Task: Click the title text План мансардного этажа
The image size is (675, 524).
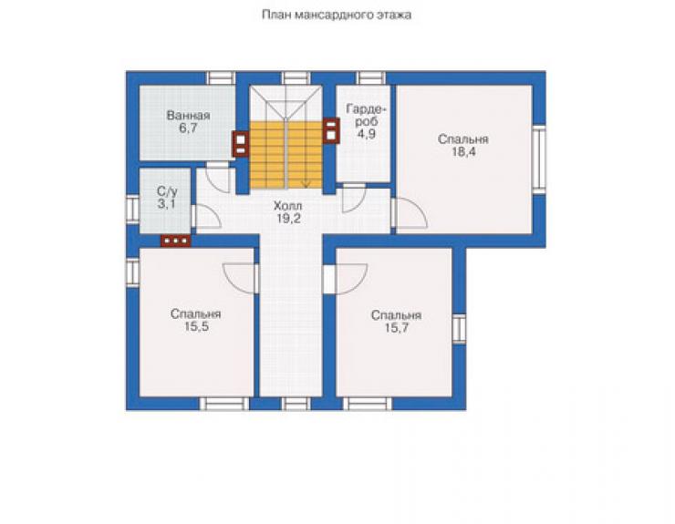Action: point(337,15)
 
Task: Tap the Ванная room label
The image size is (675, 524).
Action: point(188,116)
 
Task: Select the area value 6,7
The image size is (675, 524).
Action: point(188,128)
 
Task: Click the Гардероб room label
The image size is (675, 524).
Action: point(366,115)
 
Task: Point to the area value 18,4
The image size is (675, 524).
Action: point(463,152)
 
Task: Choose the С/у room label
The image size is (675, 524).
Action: point(166,191)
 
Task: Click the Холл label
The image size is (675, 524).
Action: point(288,206)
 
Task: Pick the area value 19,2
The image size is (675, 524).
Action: point(288,219)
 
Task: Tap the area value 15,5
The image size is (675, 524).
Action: point(196,326)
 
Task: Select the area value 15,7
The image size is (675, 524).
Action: point(397,328)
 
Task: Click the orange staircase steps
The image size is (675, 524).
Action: point(286,155)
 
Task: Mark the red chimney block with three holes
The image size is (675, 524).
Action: point(176,241)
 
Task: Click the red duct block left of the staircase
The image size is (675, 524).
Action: point(241,144)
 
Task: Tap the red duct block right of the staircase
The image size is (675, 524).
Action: point(331,130)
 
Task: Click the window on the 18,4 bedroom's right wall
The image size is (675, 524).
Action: point(538,159)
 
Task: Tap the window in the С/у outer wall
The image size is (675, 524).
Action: point(133,210)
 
